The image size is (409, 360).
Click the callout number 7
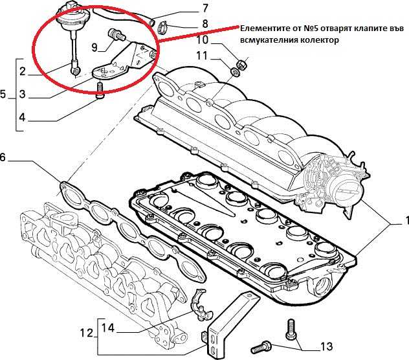click(205, 8)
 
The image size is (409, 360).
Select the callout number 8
click(205, 24)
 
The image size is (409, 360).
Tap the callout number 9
click(94, 47)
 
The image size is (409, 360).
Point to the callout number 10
click(203, 40)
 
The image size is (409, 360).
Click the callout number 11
click(202, 56)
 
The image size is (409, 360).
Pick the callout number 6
click(3, 157)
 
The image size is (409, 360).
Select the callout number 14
click(108, 328)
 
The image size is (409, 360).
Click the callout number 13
click(326, 346)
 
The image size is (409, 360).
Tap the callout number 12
click(87, 333)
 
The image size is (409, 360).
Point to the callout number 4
click(23, 117)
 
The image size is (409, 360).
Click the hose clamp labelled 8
click(163, 26)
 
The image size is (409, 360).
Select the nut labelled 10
click(242, 65)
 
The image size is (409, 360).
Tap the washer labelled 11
click(235, 71)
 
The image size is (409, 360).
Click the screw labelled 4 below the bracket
click(100, 91)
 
